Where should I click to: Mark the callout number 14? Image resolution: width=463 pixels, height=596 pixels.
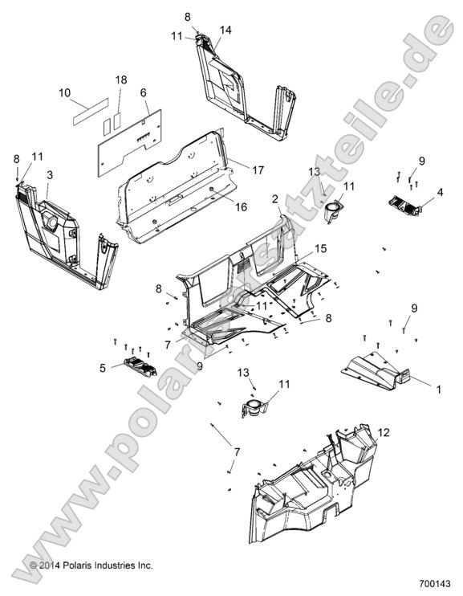coord(225,30)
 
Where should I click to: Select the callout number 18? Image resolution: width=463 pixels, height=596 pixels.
coord(120,80)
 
